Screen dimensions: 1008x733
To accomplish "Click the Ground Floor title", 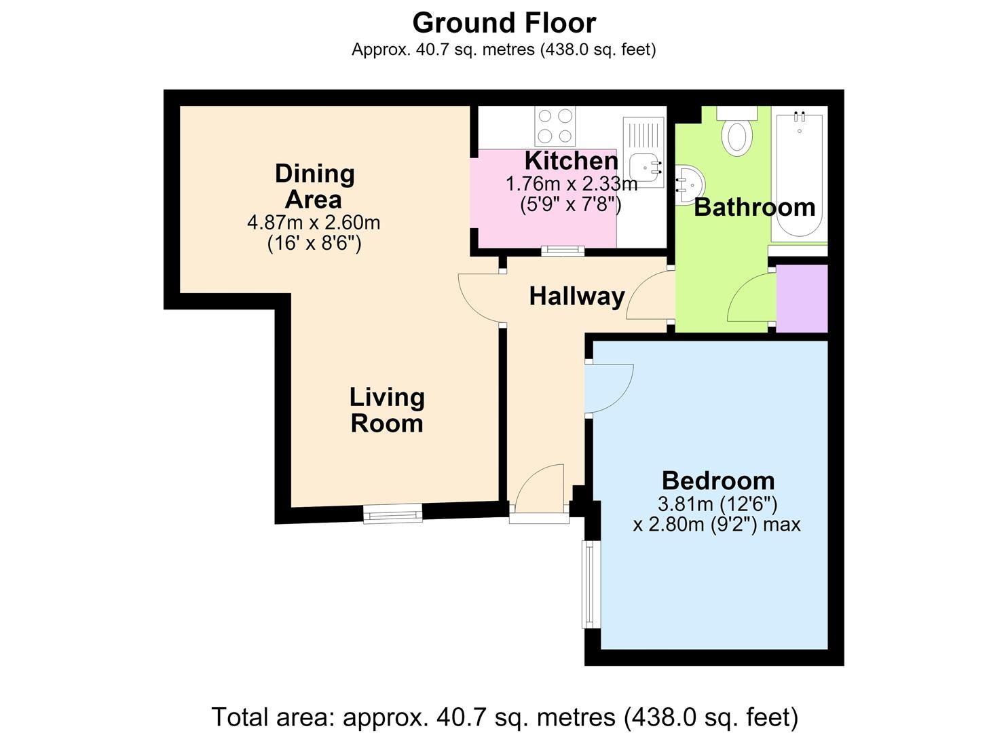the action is click(504, 23).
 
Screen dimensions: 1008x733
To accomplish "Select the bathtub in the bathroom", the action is click(799, 174).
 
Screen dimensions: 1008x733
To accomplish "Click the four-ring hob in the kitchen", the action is click(555, 126).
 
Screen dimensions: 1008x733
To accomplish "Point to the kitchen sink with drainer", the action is click(643, 152).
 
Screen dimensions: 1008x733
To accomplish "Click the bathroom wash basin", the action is click(690, 184).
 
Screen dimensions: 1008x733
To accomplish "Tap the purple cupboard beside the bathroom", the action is click(802, 299).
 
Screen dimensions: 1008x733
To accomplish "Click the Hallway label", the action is click(577, 297).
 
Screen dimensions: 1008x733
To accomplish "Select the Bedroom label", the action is click(718, 481).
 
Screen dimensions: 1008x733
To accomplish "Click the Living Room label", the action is click(387, 411).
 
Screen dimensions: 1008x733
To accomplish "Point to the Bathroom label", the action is click(755, 208).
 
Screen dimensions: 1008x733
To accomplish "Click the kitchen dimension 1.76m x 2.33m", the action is click(572, 184).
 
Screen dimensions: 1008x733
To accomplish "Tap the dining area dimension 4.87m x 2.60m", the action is click(314, 223).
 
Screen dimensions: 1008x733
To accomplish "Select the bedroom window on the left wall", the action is click(591, 584).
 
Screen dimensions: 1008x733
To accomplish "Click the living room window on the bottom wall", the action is click(393, 513).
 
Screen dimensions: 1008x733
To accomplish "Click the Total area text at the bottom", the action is click(504, 717).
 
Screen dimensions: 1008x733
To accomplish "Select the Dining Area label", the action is click(314, 186).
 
